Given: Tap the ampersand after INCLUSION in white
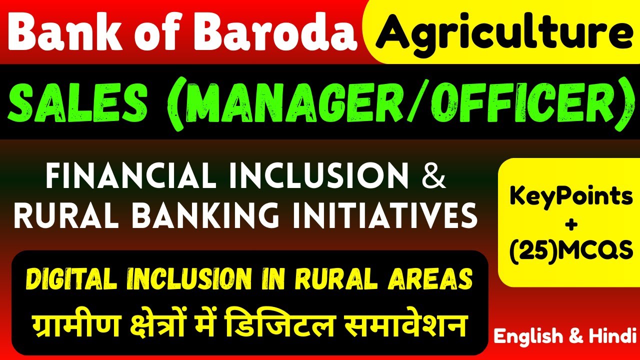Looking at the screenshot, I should pyautogui.click(x=433, y=178).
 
